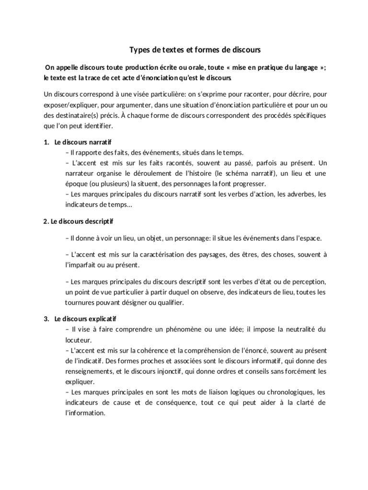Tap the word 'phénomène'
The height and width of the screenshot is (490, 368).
pos(178,329)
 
